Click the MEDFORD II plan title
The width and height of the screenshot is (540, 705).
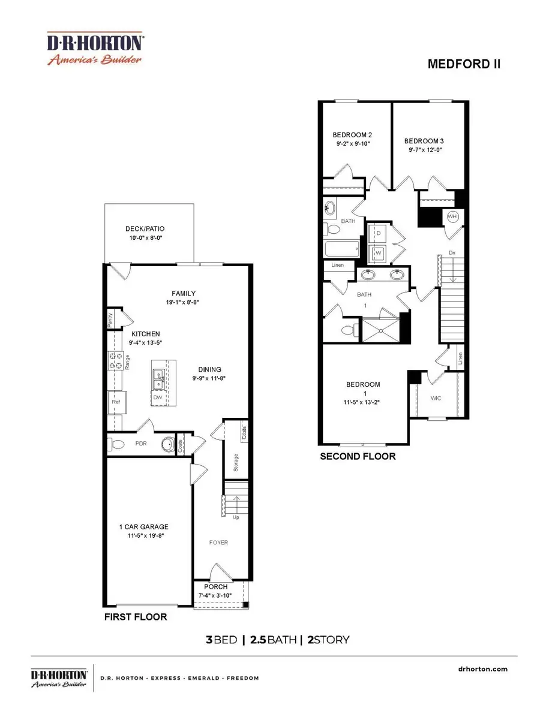pyautogui.click(x=464, y=64)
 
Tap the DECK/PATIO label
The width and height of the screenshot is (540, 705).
pyautogui.click(x=145, y=228)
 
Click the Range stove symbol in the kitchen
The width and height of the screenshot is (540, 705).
pyautogui.click(x=115, y=361)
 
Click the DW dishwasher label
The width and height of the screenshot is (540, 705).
pyautogui.click(x=158, y=397)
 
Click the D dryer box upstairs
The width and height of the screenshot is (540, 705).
pyautogui.click(x=379, y=233)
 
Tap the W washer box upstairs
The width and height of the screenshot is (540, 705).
pyautogui.click(x=379, y=253)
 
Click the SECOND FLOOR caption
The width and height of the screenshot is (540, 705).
pyautogui.click(x=358, y=456)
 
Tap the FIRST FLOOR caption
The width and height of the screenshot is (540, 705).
pyautogui.click(x=137, y=617)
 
